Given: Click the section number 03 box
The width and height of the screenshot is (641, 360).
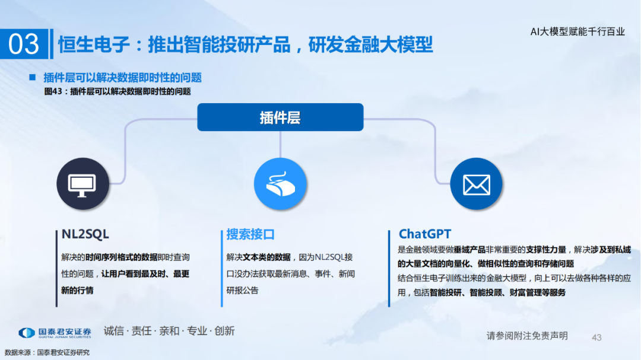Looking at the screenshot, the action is click(24, 44).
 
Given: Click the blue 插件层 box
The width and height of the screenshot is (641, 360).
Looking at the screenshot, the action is click(280, 117).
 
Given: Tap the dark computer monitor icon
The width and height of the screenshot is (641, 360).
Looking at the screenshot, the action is click(82, 184).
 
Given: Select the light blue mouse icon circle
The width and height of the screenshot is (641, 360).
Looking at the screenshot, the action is click(280, 184).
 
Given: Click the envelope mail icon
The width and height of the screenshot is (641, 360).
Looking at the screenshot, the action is click(476, 184).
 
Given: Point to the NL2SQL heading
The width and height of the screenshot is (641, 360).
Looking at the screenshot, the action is click(85, 234).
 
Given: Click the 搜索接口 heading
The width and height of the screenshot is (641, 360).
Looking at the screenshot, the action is click(250, 234).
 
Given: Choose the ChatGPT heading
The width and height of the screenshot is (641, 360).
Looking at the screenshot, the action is click(425, 234).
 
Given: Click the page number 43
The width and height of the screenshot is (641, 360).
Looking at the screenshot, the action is click(596, 337).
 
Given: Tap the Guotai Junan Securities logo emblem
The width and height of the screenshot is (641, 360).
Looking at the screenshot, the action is click(27, 333).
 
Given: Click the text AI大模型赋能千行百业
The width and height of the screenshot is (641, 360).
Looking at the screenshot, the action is click(577, 31).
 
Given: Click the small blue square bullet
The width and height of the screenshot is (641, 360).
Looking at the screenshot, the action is click(33, 77).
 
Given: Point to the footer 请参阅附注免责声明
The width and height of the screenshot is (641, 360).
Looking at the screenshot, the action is click(527, 336).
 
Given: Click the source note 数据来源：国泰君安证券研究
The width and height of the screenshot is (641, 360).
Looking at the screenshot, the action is click(47, 352).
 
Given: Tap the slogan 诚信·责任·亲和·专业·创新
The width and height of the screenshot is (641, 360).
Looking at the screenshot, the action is click(169, 330).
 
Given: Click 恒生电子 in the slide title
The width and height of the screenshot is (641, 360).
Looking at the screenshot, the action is click(94, 44).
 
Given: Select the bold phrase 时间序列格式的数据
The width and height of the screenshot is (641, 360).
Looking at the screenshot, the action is click(122, 257).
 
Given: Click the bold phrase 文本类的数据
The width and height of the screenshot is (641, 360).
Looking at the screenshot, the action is click(266, 257).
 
